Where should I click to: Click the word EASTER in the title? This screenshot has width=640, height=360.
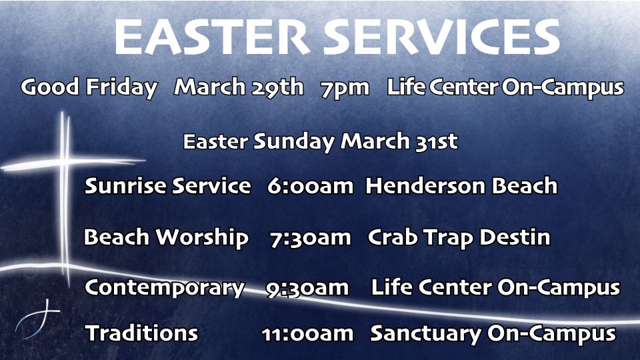click(x=212, y=37)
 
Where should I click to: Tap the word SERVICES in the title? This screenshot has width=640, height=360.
click(x=442, y=37)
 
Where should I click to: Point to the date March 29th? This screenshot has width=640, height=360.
click(x=239, y=87)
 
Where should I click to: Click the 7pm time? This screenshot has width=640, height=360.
click(x=345, y=89)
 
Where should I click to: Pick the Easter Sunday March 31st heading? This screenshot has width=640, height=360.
click(x=321, y=141)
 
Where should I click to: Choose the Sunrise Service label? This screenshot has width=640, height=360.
click(x=167, y=186)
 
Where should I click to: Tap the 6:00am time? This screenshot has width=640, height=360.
click(x=310, y=186)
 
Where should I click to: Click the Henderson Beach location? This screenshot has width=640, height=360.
click(x=461, y=186)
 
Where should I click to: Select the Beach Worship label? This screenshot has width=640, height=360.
click(x=166, y=237)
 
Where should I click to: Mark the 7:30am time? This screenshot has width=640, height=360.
click(x=310, y=238)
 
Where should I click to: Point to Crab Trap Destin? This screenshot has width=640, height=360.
click(x=459, y=237)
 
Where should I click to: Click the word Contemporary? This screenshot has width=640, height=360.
click(x=165, y=288)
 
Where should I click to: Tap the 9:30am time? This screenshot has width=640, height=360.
click(x=307, y=288)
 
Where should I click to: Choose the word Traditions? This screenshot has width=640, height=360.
click(x=141, y=333)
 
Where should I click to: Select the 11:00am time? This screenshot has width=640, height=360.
click(x=307, y=334)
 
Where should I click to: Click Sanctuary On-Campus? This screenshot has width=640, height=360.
click(x=493, y=334)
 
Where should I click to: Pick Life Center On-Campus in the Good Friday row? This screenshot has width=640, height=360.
click(x=505, y=87)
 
